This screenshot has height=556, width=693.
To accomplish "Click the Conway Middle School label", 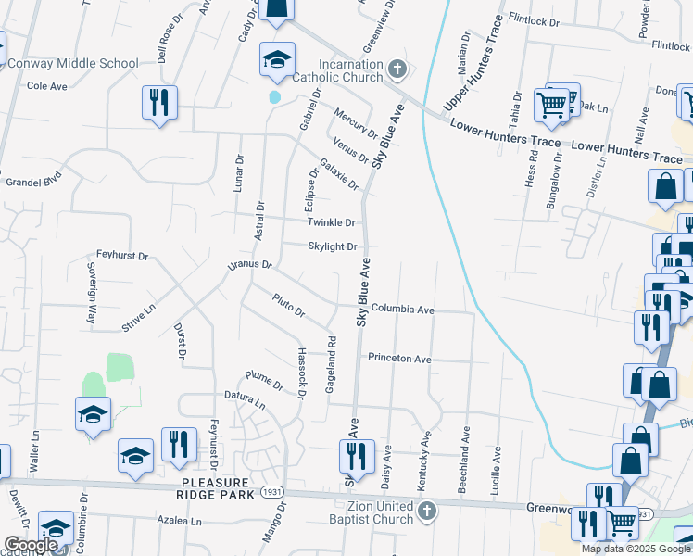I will (x=72, y=64).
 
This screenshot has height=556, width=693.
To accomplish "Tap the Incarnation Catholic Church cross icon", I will (x=397, y=69).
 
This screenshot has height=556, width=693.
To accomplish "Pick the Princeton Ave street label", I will (x=399, y=359).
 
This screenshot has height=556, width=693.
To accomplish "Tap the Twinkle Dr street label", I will (x=332, y=223).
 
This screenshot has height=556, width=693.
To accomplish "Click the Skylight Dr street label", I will (x=333, y=246).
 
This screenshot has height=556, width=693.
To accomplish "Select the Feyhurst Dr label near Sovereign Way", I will (x=122, y=254).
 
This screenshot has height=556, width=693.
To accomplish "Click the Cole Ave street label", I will (x=47, y=86).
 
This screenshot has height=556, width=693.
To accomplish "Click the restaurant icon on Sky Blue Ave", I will (x=353, y=454).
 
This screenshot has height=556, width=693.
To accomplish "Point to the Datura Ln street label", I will (x=245, y=404).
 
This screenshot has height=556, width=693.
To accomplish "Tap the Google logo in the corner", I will (x=30, y=545).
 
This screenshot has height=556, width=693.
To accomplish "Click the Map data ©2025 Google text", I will (x=636, y=549).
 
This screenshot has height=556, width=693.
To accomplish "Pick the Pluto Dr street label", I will (x=288, y=305).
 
